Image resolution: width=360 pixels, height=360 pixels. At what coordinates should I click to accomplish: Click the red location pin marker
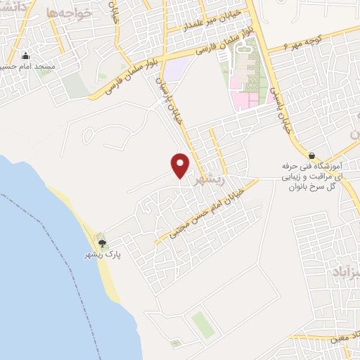181,165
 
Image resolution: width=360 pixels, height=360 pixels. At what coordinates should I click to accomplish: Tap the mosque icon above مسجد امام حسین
27,56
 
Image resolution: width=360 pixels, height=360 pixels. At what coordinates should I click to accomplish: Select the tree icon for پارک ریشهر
103,243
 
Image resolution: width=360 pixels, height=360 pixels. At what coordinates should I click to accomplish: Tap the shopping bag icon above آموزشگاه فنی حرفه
311,154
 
